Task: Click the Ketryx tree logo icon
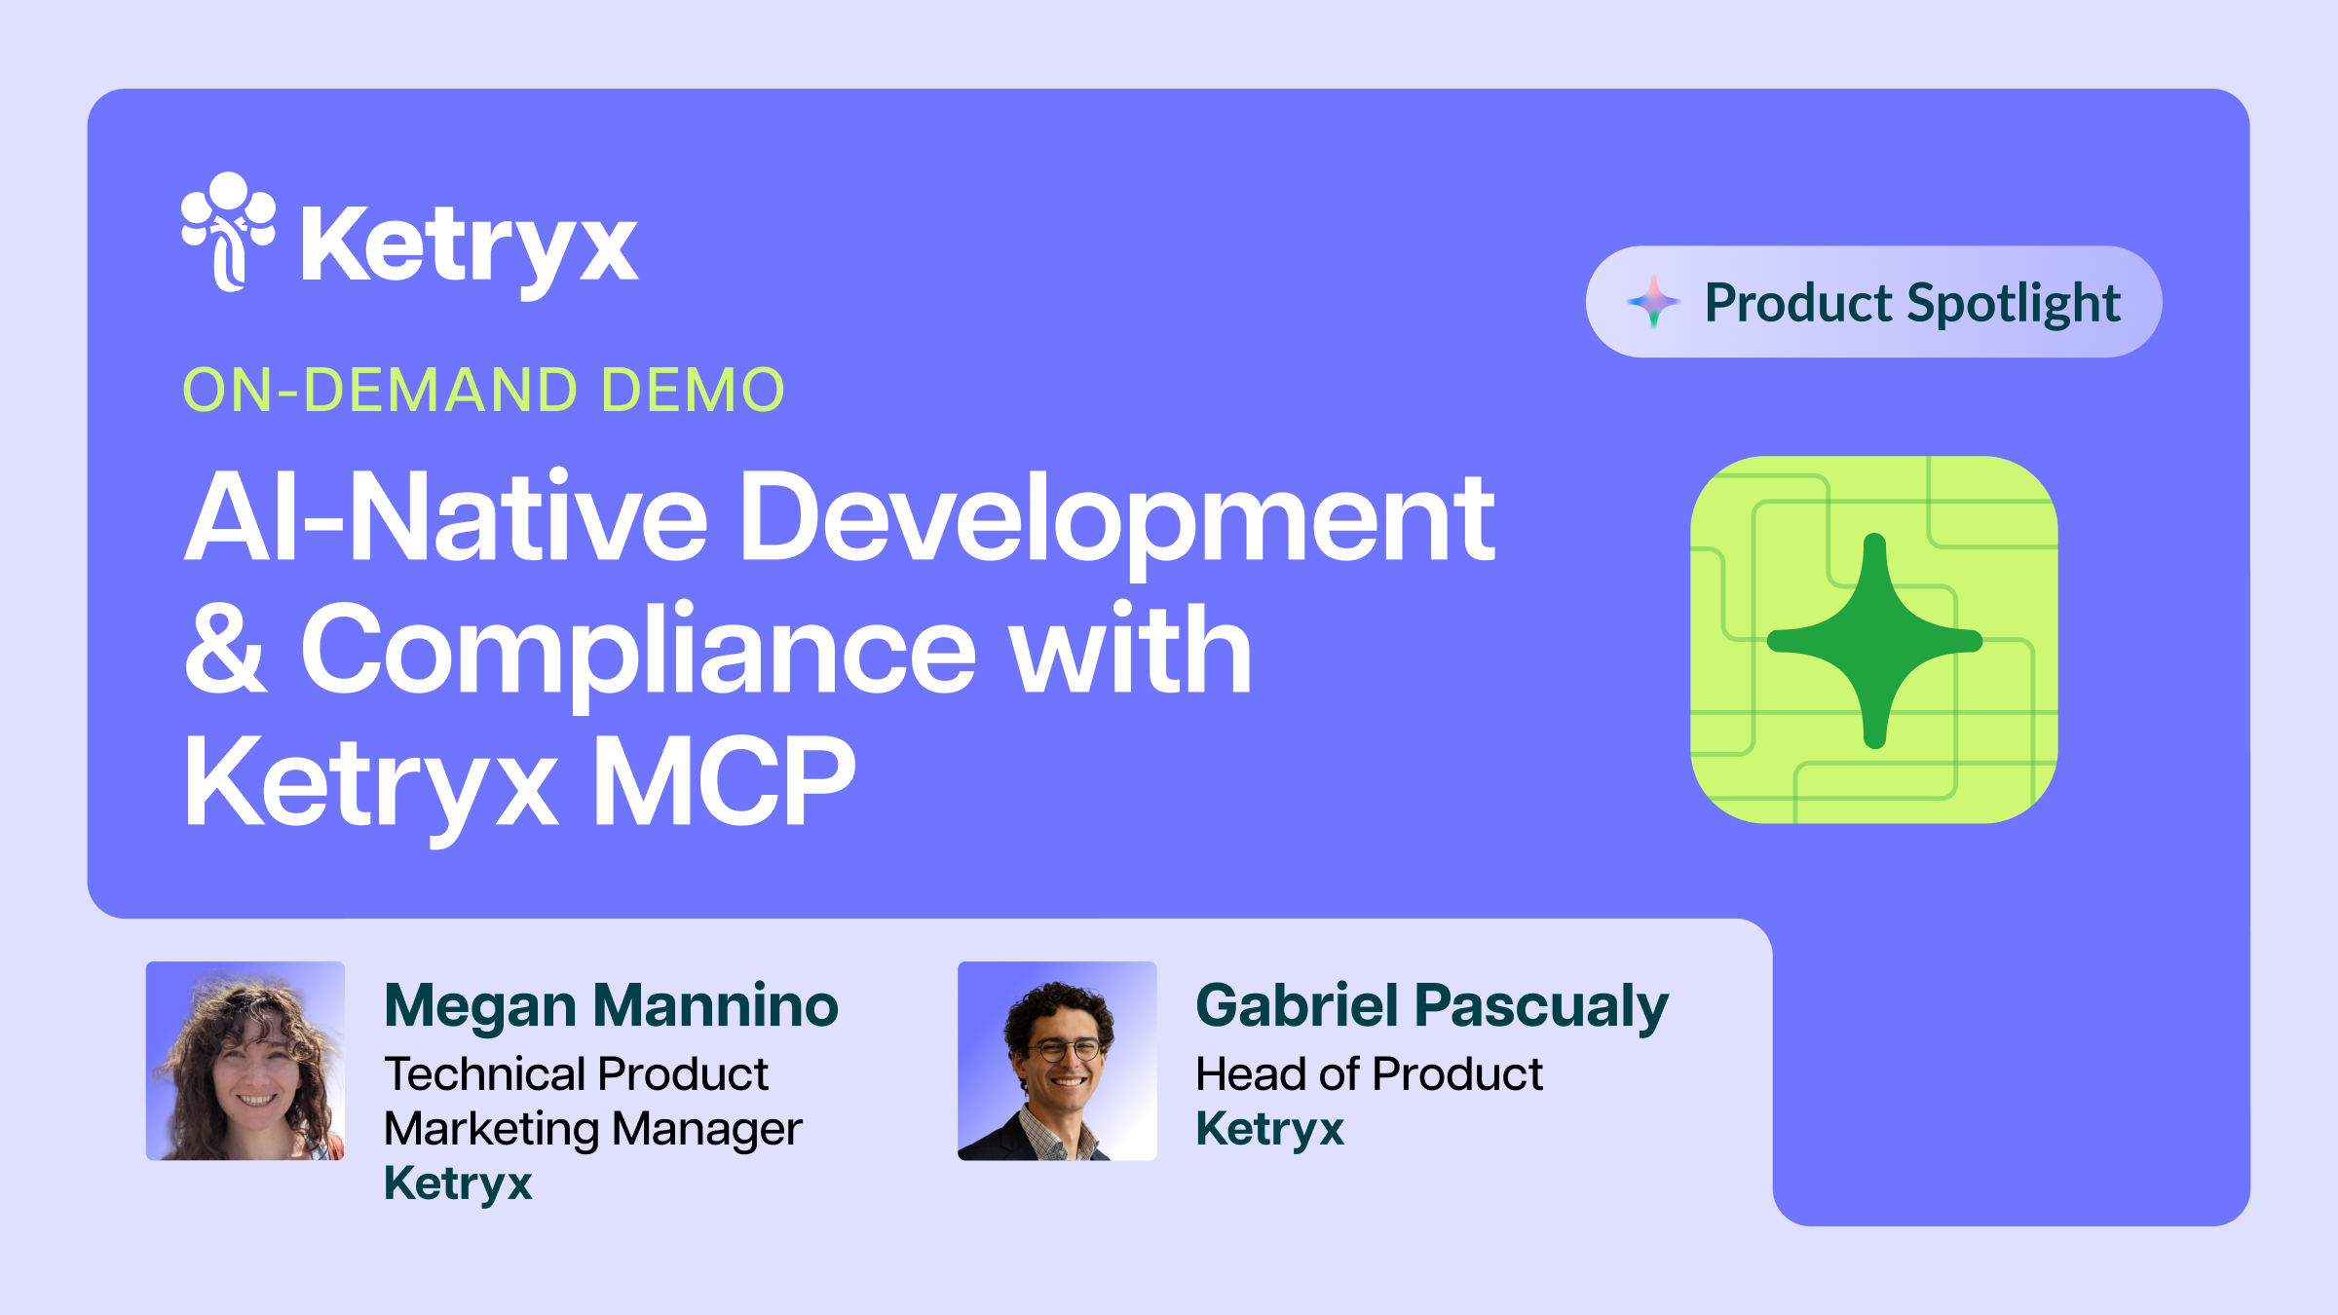[228, 231]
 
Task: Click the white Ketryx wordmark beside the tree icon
[470, 245]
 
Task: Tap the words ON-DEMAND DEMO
[483, 390]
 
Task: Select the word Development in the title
[1116, 518]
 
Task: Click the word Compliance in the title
[638, 651]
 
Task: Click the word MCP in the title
[724, 781]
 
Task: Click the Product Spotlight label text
[1912, 303]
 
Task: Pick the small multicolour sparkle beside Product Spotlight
[1653, 302]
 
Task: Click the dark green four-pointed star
[1874, 640]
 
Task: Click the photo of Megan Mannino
[245, 1061]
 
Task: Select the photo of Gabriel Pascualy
[1057, 1061]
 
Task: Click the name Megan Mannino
[611, 1005]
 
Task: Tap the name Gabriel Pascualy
[1431, 1005]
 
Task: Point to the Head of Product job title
[1369, 1074]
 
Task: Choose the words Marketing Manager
[592, 1129]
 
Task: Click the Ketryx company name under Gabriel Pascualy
[1269, 1129]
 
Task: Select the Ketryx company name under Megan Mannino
[458, 1183]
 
